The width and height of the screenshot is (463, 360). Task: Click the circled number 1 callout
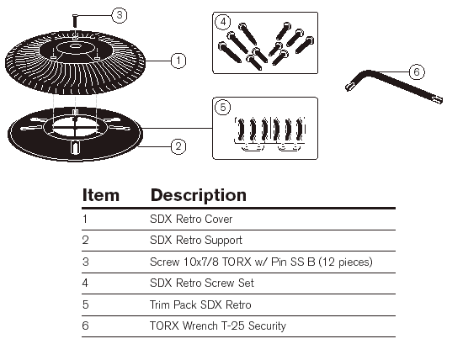(178, 61)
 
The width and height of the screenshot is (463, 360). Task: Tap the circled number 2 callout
(178, 146)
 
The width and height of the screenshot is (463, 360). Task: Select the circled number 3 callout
(120, 15)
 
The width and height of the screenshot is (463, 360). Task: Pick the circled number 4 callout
(223, 22)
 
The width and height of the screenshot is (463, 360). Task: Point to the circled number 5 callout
(223, 108)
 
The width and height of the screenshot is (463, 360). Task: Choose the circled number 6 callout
(417, 72)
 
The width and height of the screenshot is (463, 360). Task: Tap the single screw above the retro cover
(75, 21)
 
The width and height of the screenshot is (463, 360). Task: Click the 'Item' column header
(101, 195)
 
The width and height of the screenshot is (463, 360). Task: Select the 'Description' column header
(199, 195)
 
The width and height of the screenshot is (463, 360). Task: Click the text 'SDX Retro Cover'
(191, 220)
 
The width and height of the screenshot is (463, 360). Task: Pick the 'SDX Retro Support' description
(196, 241)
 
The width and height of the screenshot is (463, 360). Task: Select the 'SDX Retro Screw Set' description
(202, 283)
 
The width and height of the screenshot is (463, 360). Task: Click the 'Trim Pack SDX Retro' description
(200, 304)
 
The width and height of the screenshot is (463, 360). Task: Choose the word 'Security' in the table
(267, 326)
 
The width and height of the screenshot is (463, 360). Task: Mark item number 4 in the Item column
(85, 283)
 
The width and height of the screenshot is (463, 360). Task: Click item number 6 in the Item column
(85, 326)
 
